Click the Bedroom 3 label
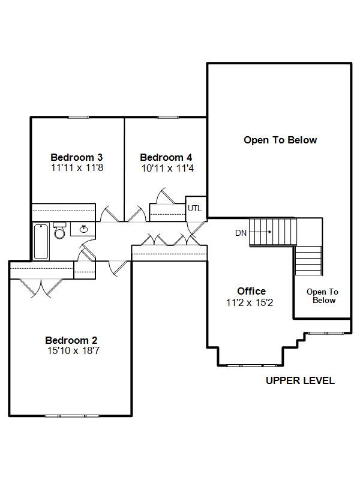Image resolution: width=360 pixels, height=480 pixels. [77, 157]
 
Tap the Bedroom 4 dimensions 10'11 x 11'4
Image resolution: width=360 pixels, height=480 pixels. [167, 168]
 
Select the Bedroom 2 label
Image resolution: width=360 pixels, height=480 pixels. [71, 340]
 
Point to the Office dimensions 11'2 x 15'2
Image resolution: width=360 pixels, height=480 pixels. [250, 302]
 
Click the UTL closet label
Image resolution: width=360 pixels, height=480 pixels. [194, 208]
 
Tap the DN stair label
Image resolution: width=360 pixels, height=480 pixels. [241, 233]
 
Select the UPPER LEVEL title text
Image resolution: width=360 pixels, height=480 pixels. [301, 380]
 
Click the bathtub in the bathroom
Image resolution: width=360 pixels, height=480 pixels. [41, 242]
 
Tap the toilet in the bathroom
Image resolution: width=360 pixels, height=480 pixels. [59, 230]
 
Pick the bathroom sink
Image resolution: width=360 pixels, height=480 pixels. [83, 229]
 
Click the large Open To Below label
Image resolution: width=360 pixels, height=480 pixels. [280, 140]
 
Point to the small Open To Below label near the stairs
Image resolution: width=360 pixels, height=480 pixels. [323, 296]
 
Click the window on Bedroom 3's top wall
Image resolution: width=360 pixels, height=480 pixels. [78, 117]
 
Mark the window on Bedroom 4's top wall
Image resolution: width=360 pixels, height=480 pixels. [168, 117]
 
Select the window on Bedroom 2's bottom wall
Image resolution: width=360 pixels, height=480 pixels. [72, 416]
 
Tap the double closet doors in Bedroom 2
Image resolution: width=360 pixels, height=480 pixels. [41, 288]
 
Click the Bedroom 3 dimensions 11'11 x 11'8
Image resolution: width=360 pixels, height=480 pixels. [77, 168]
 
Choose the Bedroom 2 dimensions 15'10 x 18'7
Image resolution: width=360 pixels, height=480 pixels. [73, 350]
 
